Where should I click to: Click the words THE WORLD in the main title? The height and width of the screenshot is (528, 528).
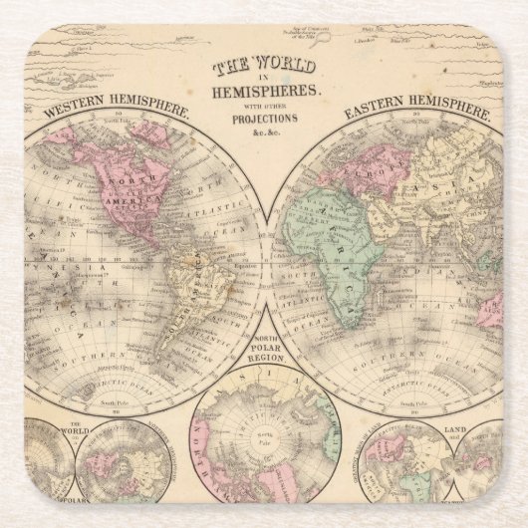tap(264, 67)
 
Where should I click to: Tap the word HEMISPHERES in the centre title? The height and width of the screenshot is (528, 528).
tap(264, 91)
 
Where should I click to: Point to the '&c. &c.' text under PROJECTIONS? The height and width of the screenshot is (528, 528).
tap(264, 133)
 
